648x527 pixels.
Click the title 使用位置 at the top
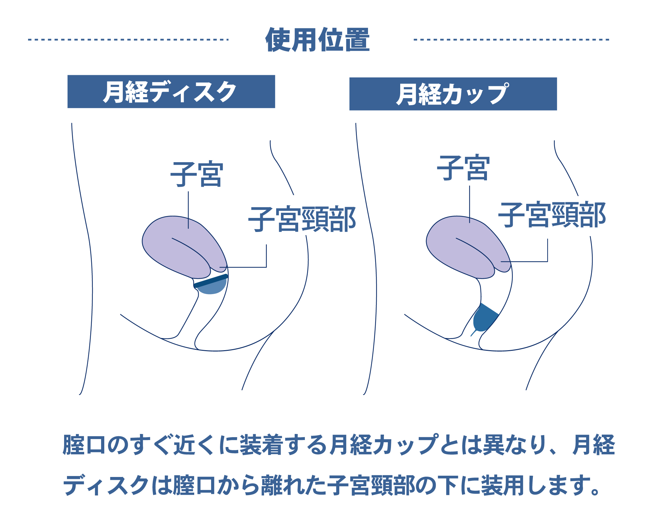318,40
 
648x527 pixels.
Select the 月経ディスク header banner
171,92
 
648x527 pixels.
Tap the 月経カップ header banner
453,94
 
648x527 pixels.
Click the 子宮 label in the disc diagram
197,174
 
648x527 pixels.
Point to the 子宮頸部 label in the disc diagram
302,219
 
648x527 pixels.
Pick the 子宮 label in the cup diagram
463,168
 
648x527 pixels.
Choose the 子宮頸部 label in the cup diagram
552,215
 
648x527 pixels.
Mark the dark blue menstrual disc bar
211,280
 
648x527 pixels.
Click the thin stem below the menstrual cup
474,333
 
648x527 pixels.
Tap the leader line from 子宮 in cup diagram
470,204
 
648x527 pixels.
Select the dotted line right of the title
511,40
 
